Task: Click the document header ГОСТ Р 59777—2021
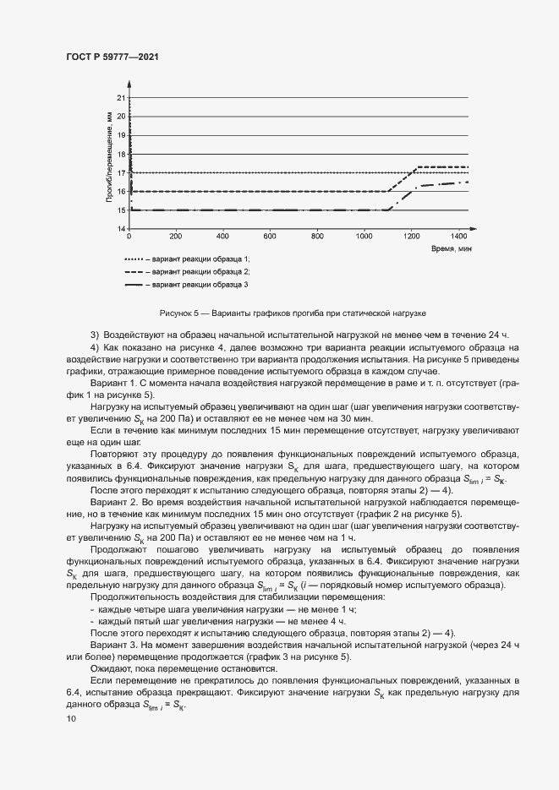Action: (x=112, y=56)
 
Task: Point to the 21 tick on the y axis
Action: (x=122, y=98)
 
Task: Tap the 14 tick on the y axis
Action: (x=122, y=229)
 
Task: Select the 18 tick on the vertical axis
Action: (x=122, y=154)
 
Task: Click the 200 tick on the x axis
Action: (x=176, y=237)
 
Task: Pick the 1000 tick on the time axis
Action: (x=364, y=237)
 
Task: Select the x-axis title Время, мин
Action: (x=449, y=249)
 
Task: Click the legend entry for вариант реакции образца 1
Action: (x=187, y=259)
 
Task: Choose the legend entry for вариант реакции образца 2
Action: (x=187, y=272)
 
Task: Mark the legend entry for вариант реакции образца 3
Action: (x=187, y=286)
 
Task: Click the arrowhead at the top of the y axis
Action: (x=129, y=83)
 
